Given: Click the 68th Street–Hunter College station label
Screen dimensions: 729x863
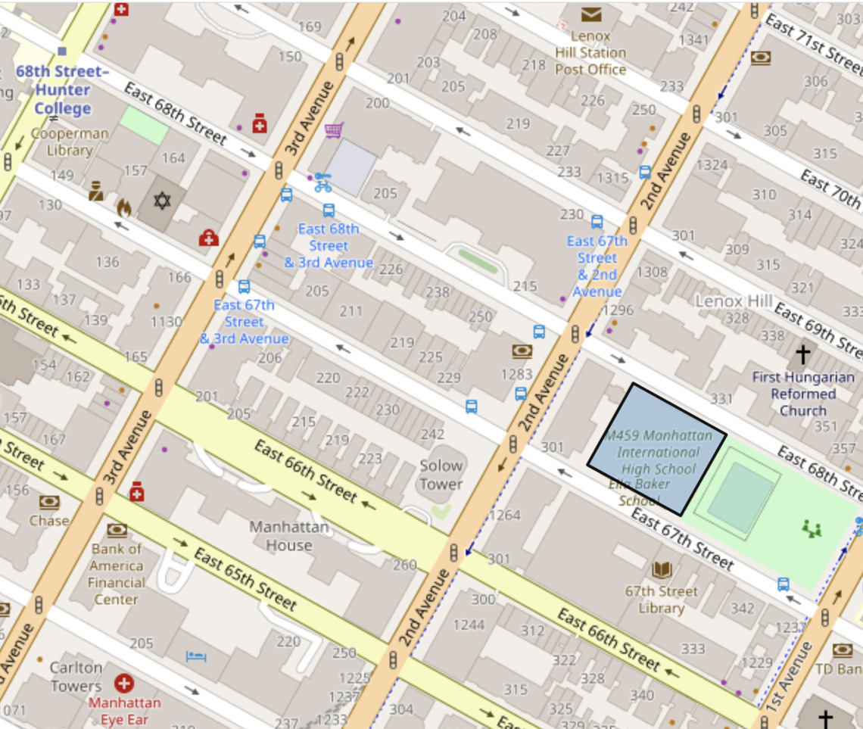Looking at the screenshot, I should [x=62, y=89].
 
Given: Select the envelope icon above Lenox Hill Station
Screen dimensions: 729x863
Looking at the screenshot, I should [x=590, y=14].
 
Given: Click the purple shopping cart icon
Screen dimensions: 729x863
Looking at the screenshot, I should [x=334, y=130].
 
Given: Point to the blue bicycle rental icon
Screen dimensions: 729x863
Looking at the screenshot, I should [x=323, y=182].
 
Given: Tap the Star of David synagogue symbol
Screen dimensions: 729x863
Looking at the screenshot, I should [x=162, y=201].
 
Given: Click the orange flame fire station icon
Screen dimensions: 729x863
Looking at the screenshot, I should [x=123, y=207].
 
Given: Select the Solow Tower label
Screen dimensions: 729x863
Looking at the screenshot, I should [x=441, y=475].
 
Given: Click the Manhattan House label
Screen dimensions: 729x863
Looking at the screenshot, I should [x=288, y=535].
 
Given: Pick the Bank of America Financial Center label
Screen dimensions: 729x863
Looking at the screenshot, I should [x=116, y=573].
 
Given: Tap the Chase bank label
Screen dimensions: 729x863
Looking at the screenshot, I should [x=49, y=521].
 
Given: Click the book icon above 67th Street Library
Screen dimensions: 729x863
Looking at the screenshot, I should [x=661, y=570].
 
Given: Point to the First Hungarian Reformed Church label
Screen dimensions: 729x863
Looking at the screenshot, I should [x=803, y=394].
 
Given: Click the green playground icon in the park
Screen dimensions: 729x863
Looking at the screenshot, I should [x=813, y=528].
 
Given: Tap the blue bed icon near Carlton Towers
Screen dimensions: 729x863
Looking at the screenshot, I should [x=196, y=656].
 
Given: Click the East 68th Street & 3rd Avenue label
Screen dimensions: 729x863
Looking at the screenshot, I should [x=328, y=245].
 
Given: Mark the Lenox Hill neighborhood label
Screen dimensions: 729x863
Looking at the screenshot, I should [x=733, y=301].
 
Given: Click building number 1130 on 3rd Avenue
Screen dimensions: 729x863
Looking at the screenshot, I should [x=166, y=322].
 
